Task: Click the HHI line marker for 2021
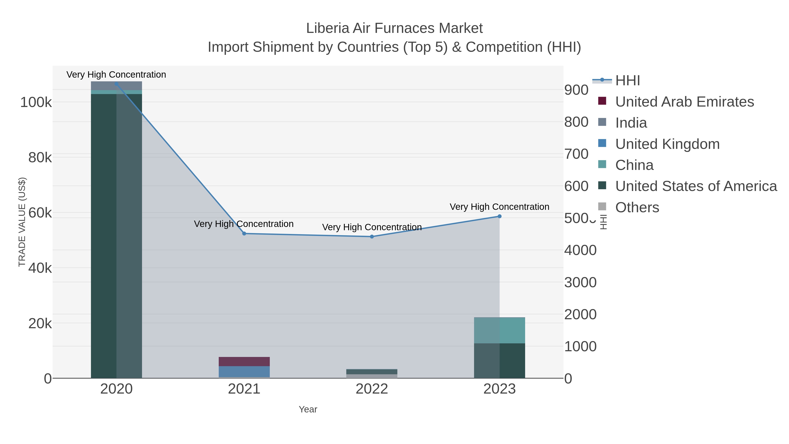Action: click(244, 234)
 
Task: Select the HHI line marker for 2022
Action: click(372, 237)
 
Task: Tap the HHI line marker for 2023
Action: click(499, 216)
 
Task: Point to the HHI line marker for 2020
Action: click(116, 84)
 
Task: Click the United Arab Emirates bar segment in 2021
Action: click(244, 362)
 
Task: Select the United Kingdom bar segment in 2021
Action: click(244, 371)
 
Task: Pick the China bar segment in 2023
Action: click(499, 330)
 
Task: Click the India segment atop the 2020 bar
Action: click(116, 86)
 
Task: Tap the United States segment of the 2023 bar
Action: click(499, 361)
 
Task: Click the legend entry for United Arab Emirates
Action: click(684, 102)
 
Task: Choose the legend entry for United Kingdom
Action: click(667, 144)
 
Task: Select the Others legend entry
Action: click(637, 207)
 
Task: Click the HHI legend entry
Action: click(627, 81)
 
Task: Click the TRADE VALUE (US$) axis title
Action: click(22, 222)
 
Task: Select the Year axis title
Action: click(308, 409)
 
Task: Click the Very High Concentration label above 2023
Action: click(499, 207)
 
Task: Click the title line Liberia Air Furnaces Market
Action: click(394, 28)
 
